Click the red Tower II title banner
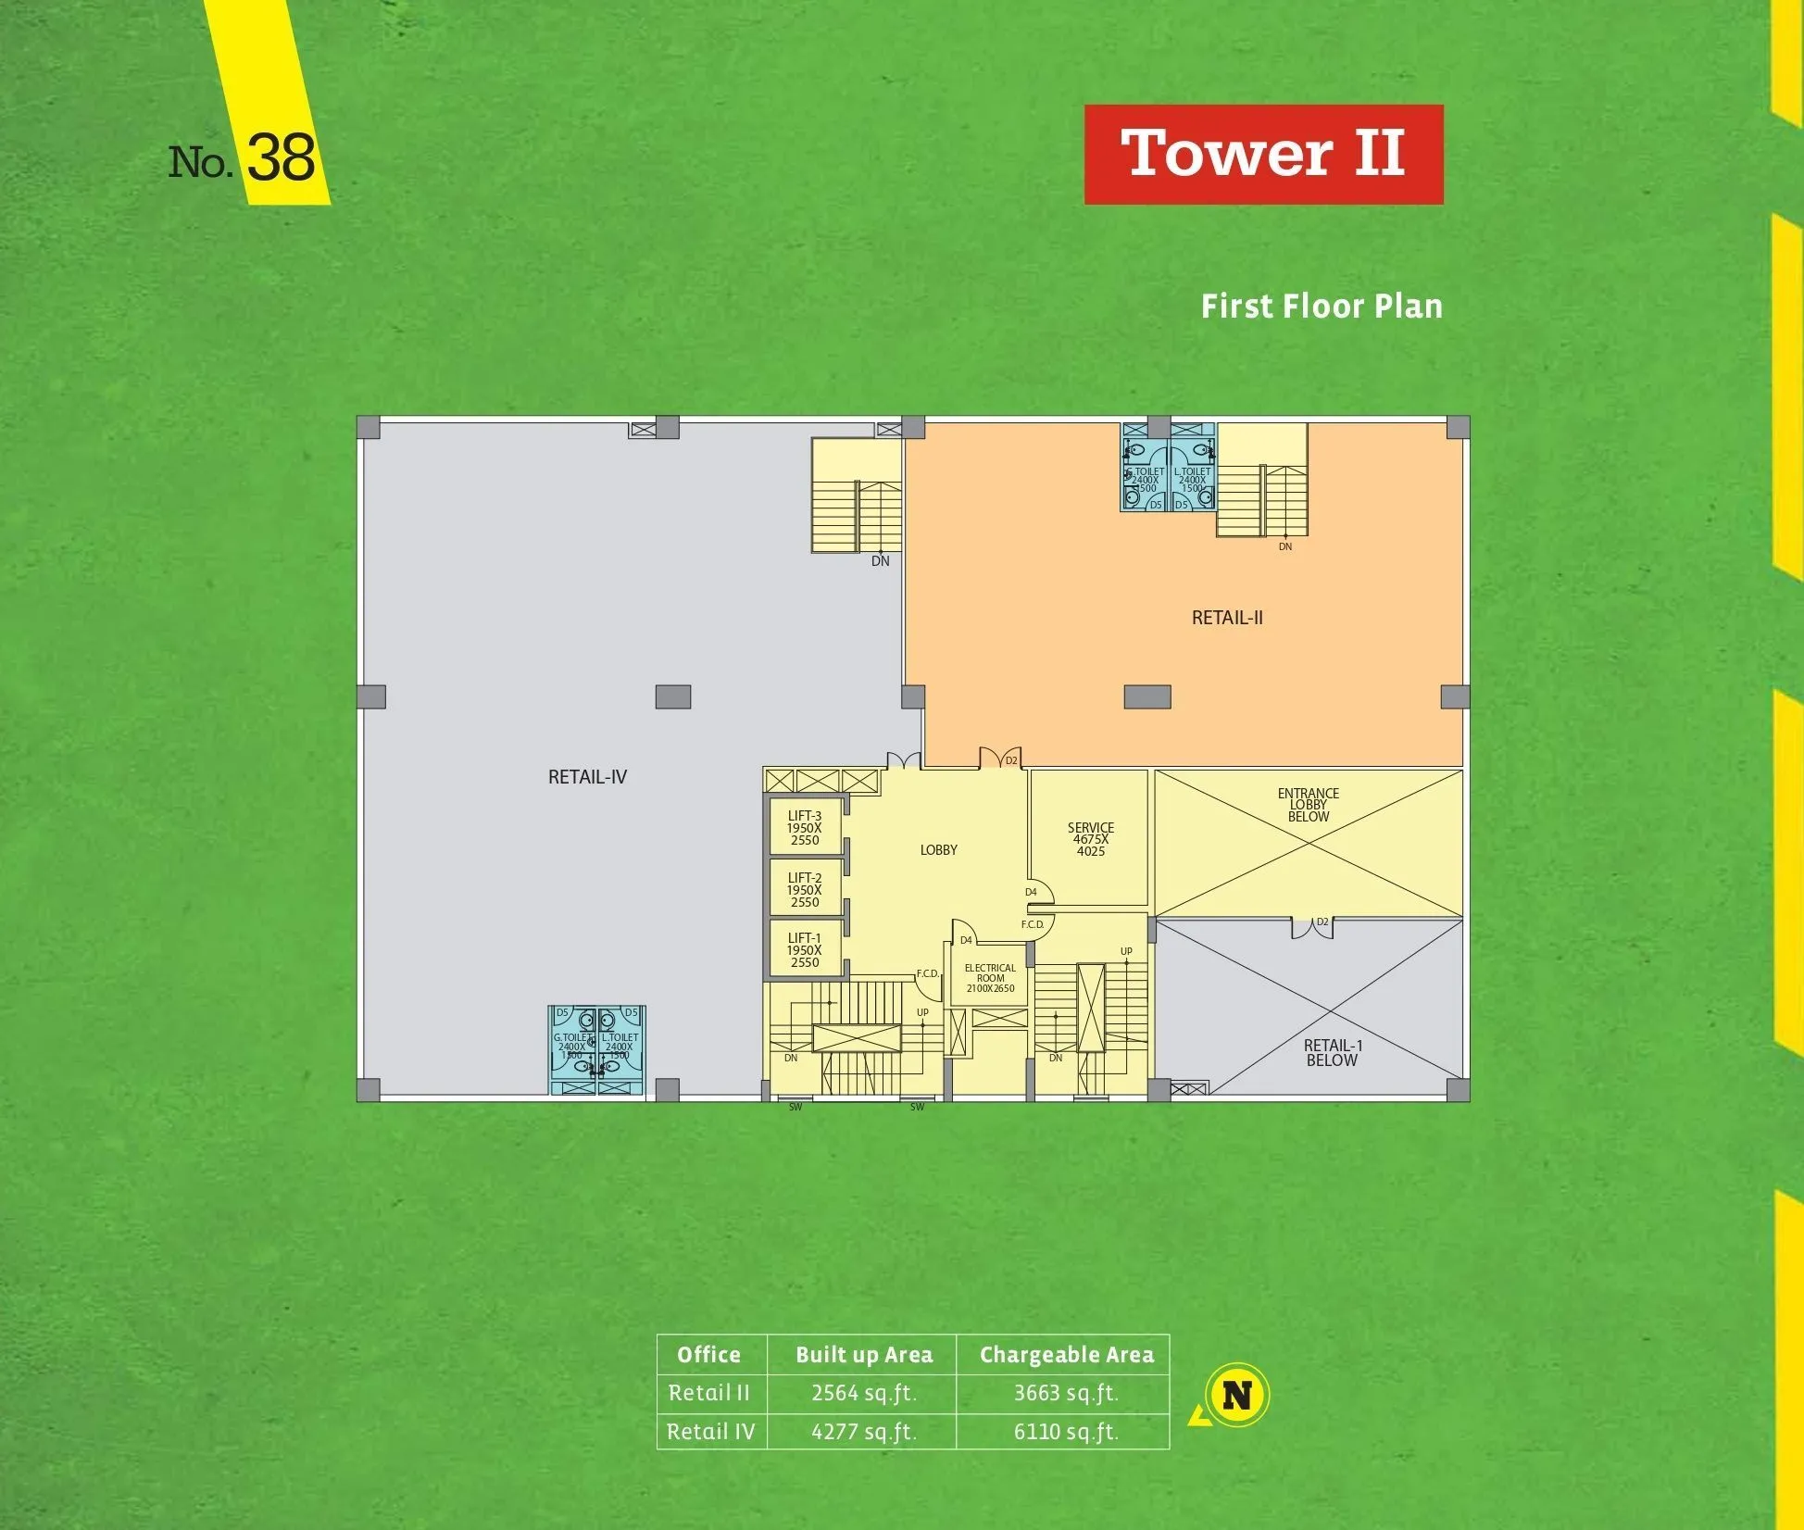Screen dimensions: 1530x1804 click(x=1263, y=154)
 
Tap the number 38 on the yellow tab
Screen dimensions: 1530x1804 click(x=282, y=158)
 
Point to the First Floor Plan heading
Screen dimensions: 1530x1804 click(x=1322, y=307)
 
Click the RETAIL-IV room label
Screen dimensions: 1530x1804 click(x=587, y=777)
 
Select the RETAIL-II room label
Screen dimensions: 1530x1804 click(x=1227, y=618)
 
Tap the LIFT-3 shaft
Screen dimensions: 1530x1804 click(x=805, y=827)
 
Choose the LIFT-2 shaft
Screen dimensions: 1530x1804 click(x=805, y=889)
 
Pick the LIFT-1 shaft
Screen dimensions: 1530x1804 click(x=805, y=949)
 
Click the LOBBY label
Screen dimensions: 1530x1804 click(x=938, y=849)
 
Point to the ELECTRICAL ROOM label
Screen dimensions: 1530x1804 click(x=990, y=978)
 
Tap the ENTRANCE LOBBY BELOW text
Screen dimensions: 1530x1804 click(x=1308, y=805)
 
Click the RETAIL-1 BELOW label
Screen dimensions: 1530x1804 click(x=1333, y=1052)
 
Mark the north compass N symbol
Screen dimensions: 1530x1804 click(x=1237, y=1395)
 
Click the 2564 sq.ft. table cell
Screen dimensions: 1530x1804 click(x=863, y=1393)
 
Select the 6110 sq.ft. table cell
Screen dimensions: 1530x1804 click(x=1066, y=1432)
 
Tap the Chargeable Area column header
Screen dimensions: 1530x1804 click(x=1066, y=1355)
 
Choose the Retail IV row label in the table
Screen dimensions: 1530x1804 click(x=710, y=1432)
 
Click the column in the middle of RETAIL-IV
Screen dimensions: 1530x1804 click(x=673, y=696)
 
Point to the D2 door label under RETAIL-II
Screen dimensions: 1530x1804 click(x=1011, y=760)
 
